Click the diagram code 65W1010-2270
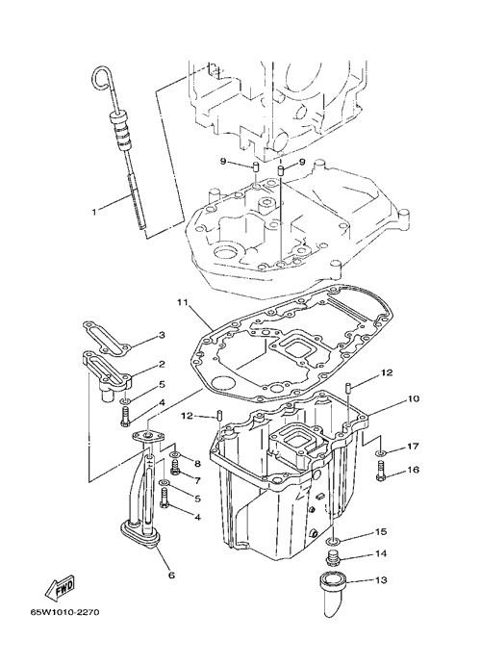[x=64, y=613]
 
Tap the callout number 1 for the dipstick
[x=94, y=211]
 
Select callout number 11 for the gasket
[x=182, y=302]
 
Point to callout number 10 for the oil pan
[x=414, y=398]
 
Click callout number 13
[x=381, y=579]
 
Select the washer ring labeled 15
[x=332, y=541]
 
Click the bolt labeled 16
[x=380, y=472]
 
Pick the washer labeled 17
[x=381, y=454]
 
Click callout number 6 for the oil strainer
[x=171, y=575]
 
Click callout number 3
[x=162, y=335]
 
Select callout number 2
[x=162, y=364]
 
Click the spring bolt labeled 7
[x=175, y=469]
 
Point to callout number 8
[x=197, y=464]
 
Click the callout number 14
[x=381, y=553]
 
